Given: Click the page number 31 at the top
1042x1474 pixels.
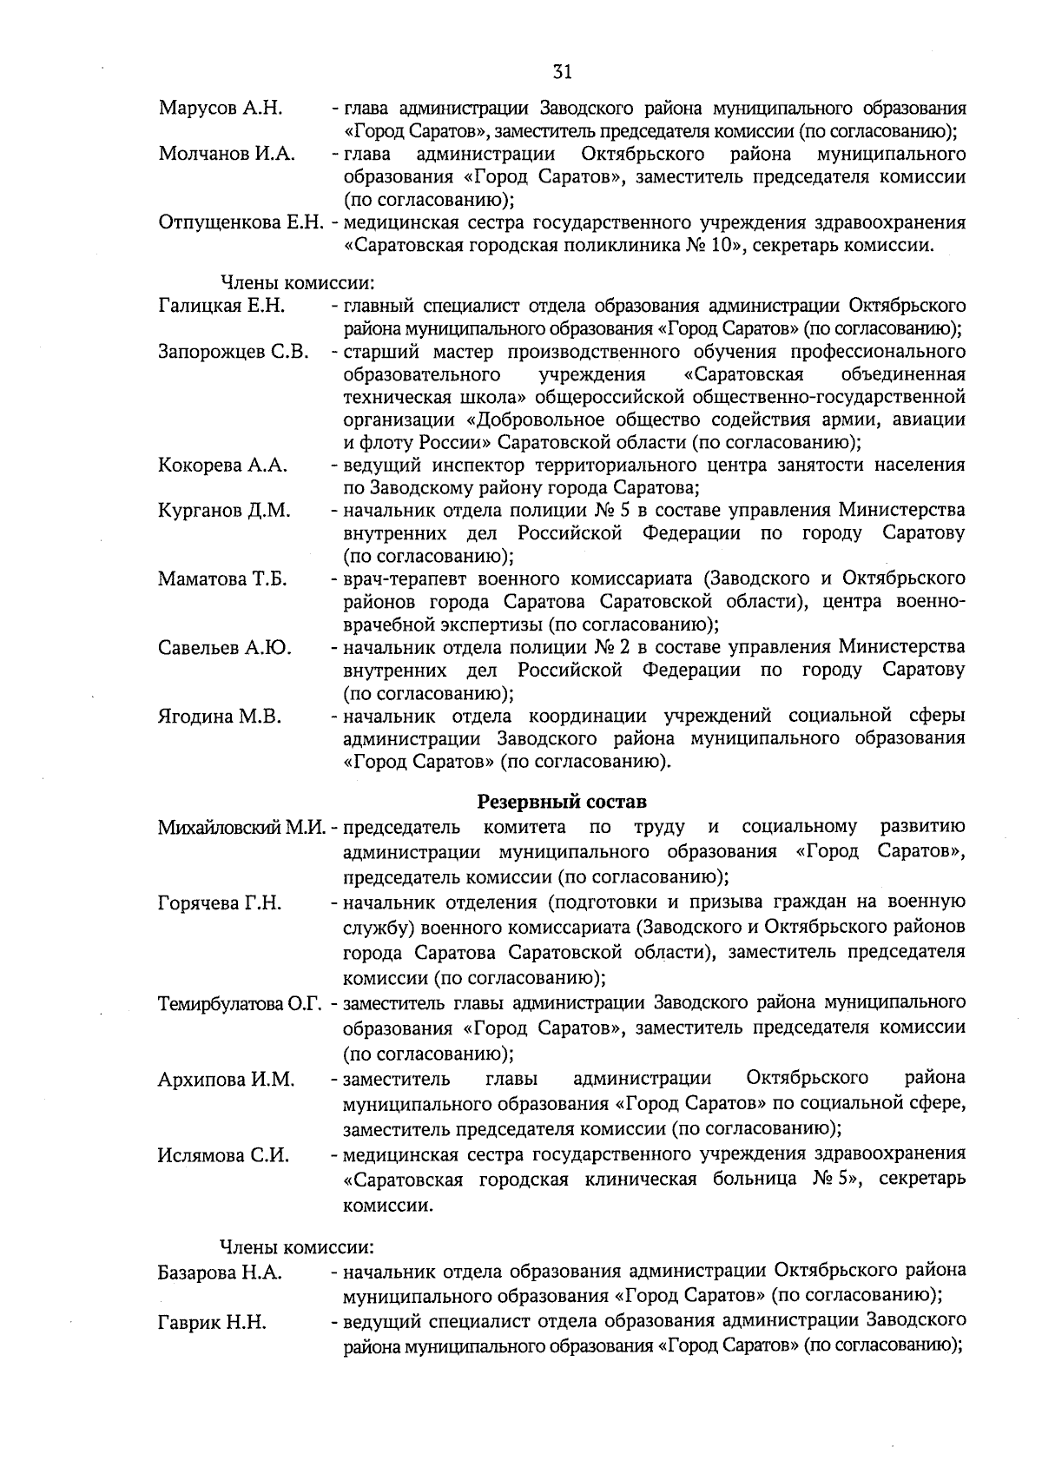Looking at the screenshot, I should pyautogui.click(x=562, y=72).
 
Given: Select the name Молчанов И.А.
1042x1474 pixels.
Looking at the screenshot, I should pyautogui.click(x=227, y=155).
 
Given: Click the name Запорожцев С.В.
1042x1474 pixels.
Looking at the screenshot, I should pyautogui.click(x=234, y=352).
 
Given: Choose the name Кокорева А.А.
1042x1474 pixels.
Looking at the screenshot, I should pyautogui.click(x=222, y=466).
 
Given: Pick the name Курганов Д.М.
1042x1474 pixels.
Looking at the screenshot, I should pyautogui.click(x=224, y=511).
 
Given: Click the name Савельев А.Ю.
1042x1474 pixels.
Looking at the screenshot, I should pyautogui.click(x=224, y=648).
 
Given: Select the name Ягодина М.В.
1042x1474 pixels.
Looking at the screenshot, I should pyautogui.click(x=220, y=717).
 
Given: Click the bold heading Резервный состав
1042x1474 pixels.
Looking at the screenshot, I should pyautogui.click(x=562, y=800).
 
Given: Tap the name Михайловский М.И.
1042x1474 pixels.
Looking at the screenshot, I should pyautogui.click(x=241, y=827).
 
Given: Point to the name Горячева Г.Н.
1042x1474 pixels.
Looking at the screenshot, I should pyautogui.click(x=220, y=903).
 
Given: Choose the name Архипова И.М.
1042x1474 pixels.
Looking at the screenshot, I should pyautogui.click(x=226, y=1081).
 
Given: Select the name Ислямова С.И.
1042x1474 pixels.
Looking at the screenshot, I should pyautogui.click(x=223, y=1156).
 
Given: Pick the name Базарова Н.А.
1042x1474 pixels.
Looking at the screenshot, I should pyautogui.click(x=220, y=1273).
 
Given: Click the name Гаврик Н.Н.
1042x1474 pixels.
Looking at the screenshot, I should pyautogui.click(x=212, y=1323).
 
